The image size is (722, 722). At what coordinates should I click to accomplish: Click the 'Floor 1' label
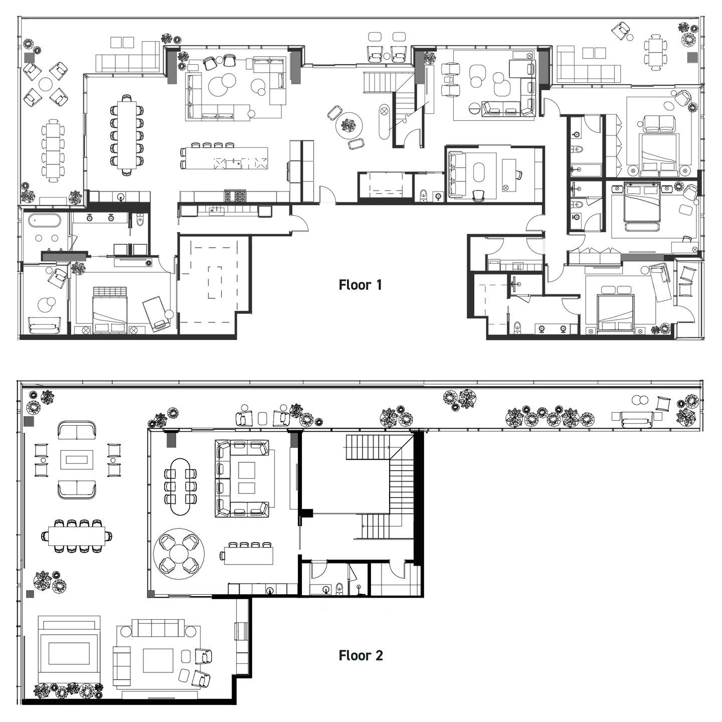360,285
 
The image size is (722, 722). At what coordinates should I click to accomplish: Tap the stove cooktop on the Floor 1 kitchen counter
235,196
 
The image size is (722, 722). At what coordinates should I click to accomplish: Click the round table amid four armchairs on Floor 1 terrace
46,83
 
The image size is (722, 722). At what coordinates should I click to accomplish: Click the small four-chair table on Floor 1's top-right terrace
655,52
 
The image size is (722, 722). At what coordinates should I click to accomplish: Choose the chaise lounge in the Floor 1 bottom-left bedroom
155,313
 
